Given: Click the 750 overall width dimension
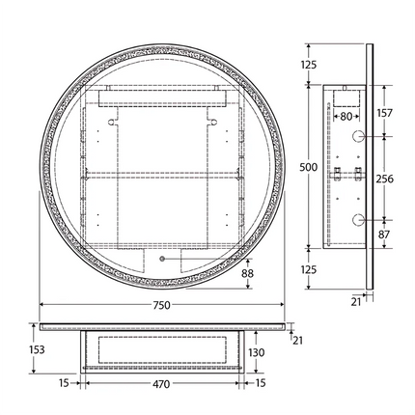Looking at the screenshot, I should click(162, 305).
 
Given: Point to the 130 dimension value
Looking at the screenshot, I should click(256, 353).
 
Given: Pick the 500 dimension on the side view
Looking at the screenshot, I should click(309, 167).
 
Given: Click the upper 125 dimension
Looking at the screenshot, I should click(309, 65).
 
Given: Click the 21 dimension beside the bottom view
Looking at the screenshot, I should click(297, 338).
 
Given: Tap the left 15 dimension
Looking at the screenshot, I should click(62, 382).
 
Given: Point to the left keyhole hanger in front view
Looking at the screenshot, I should click(113, 123).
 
